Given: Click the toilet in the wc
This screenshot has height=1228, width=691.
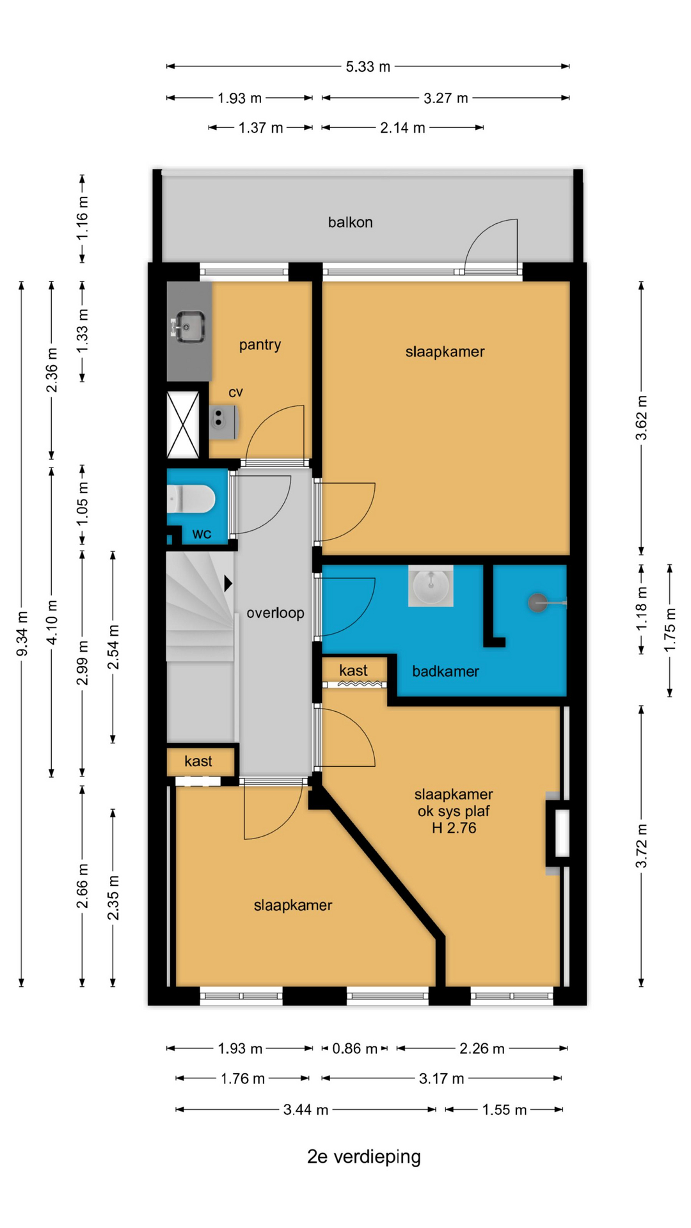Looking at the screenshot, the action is pos(191,498).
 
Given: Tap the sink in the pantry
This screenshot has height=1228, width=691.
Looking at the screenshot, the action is pos(190,326).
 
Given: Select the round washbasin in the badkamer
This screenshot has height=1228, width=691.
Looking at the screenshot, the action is pos(431,586).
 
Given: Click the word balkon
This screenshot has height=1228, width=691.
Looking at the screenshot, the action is pos(350,222).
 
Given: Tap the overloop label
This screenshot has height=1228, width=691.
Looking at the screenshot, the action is pos(275,613).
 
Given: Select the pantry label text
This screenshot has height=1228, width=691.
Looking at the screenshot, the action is pos(260,345).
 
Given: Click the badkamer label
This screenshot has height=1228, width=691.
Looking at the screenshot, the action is pos(445,671).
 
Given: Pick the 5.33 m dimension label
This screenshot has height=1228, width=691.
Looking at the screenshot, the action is pos(368,67).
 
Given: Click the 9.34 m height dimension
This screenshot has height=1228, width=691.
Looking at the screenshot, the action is pos(22,634).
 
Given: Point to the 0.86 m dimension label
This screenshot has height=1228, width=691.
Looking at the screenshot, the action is pos(355,1048).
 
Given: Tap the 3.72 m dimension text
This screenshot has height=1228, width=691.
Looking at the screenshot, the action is pos(641,846).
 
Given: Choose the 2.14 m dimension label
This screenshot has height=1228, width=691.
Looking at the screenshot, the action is pos(402,128).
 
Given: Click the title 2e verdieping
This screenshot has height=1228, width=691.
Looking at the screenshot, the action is pos(364,1156).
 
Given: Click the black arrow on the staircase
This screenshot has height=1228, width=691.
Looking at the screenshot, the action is pos(228,583).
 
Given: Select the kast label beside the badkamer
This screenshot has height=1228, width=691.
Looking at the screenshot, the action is pos(353,670).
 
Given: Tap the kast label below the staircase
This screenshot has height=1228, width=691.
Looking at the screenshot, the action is pos(198,761).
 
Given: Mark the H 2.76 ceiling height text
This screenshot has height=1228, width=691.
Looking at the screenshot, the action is pos(454,828).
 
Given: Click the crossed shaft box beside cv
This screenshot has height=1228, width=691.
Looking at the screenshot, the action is pos(183,425).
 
